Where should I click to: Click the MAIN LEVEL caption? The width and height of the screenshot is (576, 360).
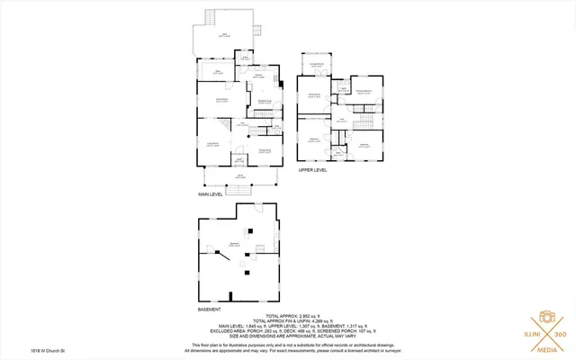tap(211, 193)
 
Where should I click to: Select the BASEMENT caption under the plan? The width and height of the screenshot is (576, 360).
tap(210, 309)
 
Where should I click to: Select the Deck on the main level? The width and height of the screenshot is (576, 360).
tap(225, 37)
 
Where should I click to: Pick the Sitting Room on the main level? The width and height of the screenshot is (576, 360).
tap(265, 150)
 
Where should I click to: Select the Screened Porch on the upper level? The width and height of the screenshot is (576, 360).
tap(317, 65)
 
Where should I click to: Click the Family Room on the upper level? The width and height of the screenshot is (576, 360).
tap(315, 94)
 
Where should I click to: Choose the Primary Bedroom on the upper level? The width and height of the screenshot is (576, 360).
tap(364, 93)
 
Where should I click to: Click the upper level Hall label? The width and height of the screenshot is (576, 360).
tap(342, 120)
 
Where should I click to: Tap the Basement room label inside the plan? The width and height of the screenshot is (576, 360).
tap(236, 244)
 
